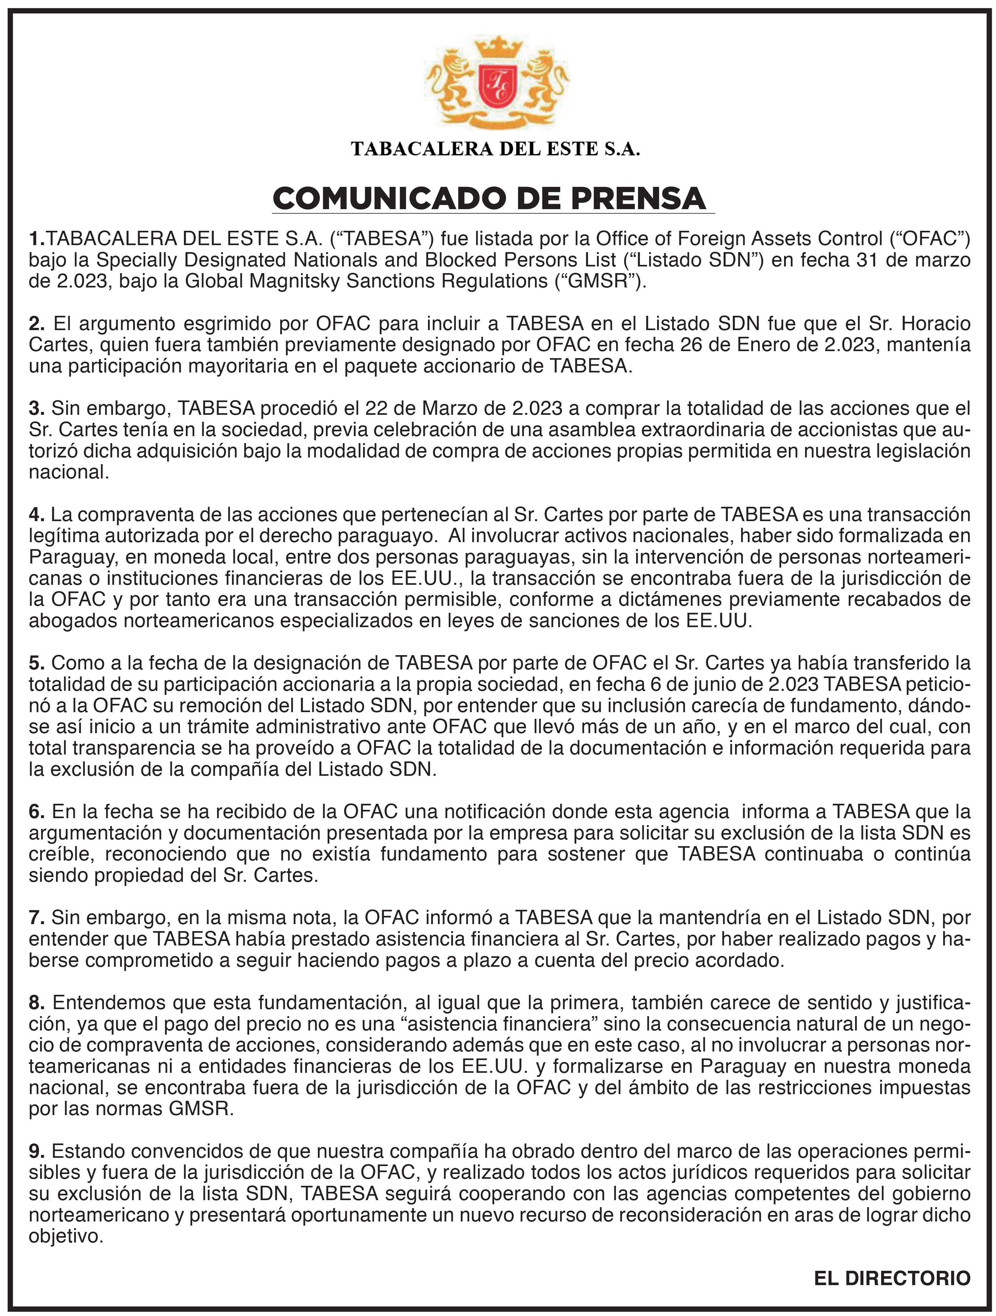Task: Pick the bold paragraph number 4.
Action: (x=36, y=514)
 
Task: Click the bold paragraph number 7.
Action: (x=36, y=917)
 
